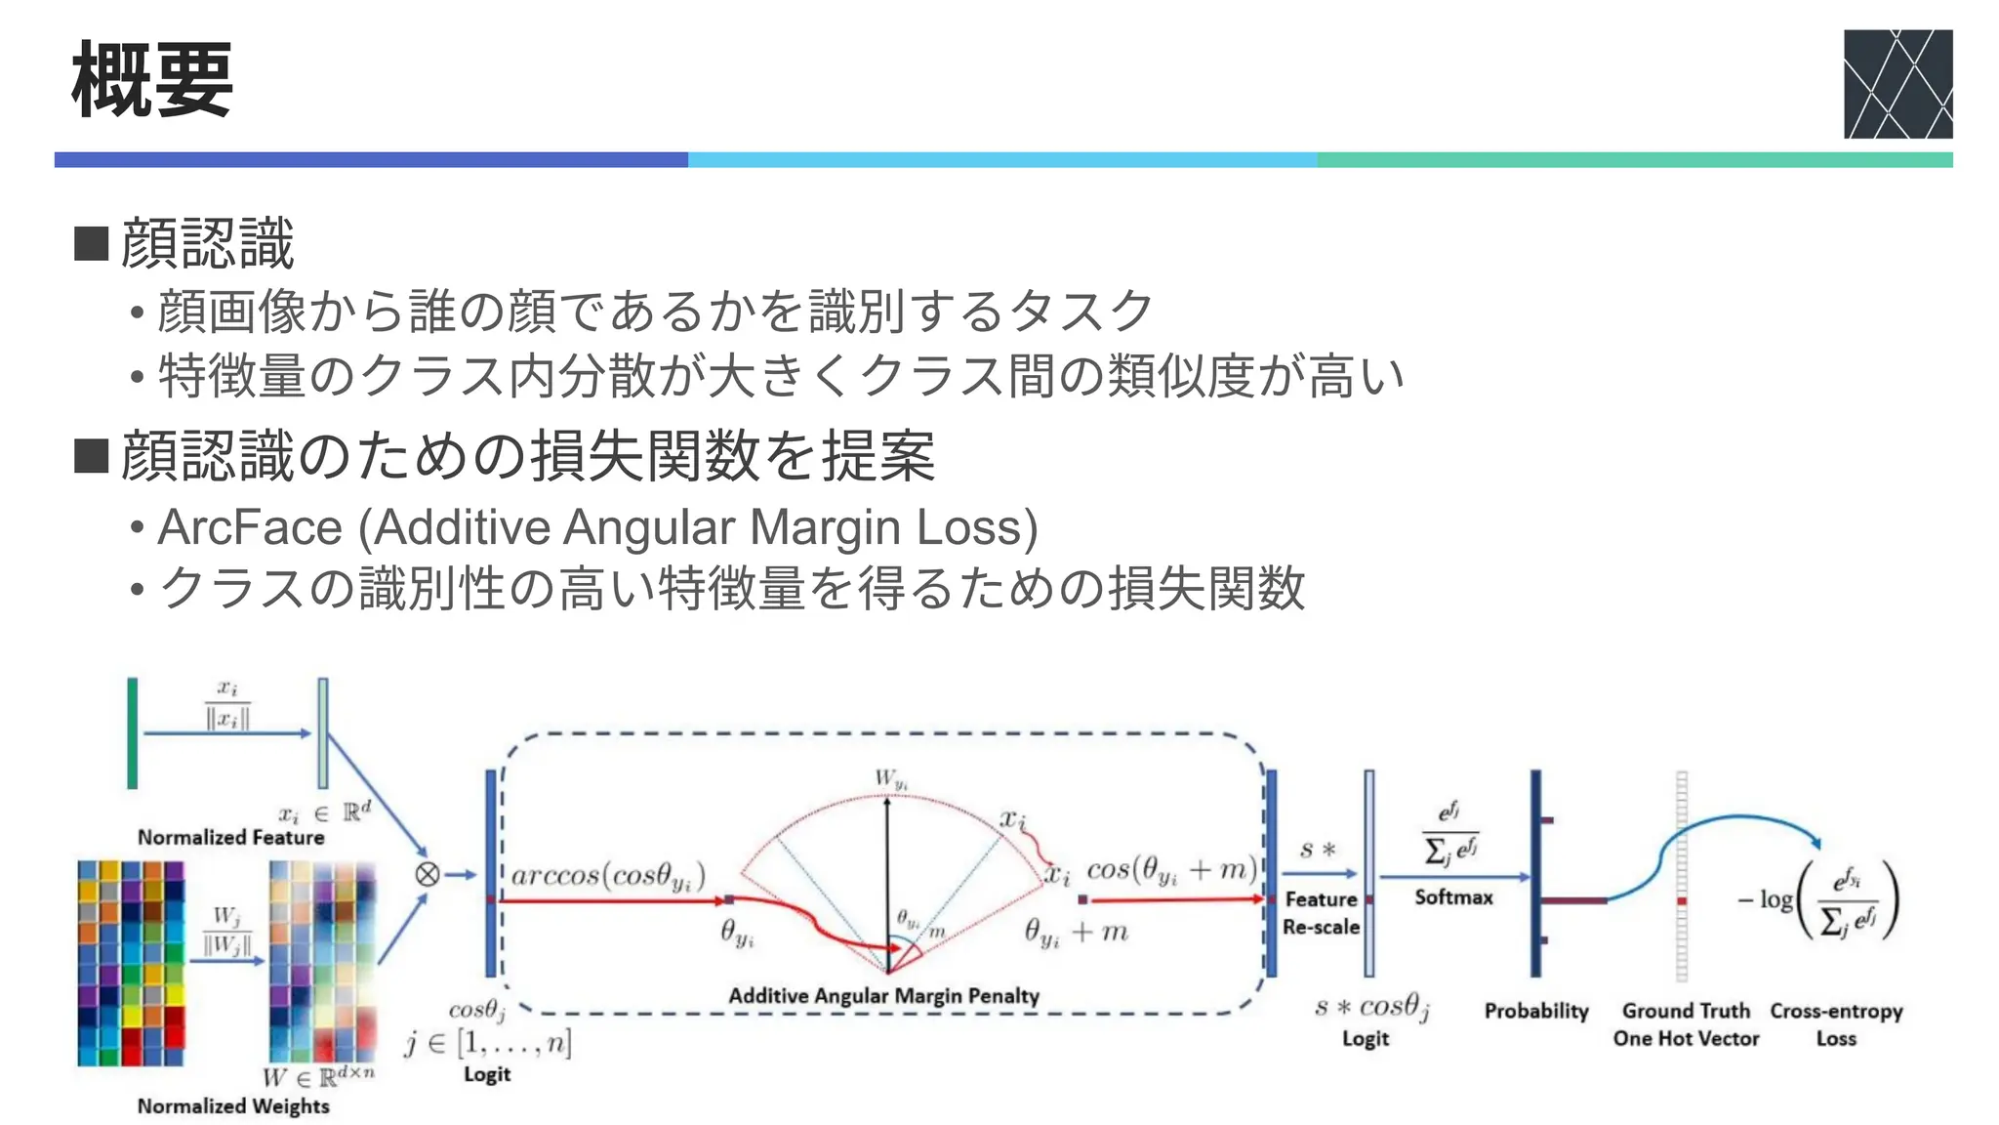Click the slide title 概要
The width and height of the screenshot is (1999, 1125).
coord(152,80)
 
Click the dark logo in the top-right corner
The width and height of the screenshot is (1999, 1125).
coord(1897,84)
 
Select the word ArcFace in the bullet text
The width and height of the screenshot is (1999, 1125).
coord(250,527)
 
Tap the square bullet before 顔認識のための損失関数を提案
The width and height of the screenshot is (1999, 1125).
coord(91,455)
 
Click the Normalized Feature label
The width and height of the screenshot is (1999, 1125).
coord(230,837)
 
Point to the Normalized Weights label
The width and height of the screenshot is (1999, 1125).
coord(233,1105)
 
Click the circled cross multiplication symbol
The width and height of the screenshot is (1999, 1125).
coord(428,874)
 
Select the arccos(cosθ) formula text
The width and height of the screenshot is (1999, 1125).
coord(607,875)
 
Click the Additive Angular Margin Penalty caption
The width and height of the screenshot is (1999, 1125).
coord(883,996)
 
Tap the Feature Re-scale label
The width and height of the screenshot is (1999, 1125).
coord(1321,913)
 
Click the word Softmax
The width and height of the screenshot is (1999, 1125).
coord(1453,896)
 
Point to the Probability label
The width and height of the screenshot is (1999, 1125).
coord(1536,1011)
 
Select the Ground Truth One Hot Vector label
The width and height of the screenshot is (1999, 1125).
coord(1686,1024)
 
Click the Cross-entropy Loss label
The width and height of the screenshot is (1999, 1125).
coord(1836,1024)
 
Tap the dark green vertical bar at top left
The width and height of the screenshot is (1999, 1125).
coord(133,732)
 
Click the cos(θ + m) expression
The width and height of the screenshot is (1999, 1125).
coord(1171,869)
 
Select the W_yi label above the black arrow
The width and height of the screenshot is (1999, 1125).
coord(890,779)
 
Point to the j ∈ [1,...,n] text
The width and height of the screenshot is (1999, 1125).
coord(488,1044)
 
